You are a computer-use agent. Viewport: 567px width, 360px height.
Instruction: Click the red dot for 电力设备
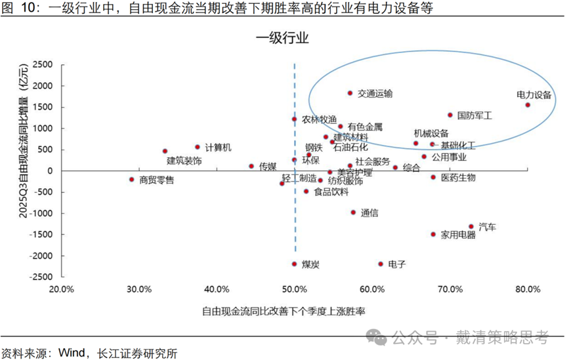(528, 105)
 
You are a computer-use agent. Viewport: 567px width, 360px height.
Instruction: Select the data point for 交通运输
(350, 93)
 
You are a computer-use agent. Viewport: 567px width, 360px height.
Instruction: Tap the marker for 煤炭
(294, 264)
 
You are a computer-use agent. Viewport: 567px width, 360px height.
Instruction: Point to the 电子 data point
(381, 264)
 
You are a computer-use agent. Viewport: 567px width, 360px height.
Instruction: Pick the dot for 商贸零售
(131, 179)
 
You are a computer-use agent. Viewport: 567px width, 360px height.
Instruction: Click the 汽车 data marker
(471, 226)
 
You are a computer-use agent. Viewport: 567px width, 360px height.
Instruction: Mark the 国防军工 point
(450, 115)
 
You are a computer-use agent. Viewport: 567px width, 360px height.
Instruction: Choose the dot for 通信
(353, 212)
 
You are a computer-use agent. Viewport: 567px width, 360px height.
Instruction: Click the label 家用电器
(457, 235)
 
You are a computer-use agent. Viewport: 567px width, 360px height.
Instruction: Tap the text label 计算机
(218, 148)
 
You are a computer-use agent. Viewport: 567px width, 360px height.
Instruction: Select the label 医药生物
(457, 178)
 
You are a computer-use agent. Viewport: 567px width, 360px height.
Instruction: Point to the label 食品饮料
(331, 192)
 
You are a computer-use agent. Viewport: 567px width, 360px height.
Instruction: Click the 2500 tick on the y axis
(42, 65)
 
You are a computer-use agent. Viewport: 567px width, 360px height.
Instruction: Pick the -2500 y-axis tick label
(40, 277)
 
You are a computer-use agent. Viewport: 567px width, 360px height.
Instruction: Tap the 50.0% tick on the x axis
(295, 289)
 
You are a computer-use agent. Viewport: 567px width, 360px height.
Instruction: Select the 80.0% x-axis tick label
(528, 289)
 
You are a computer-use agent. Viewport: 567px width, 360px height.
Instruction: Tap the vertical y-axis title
(24, 169)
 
